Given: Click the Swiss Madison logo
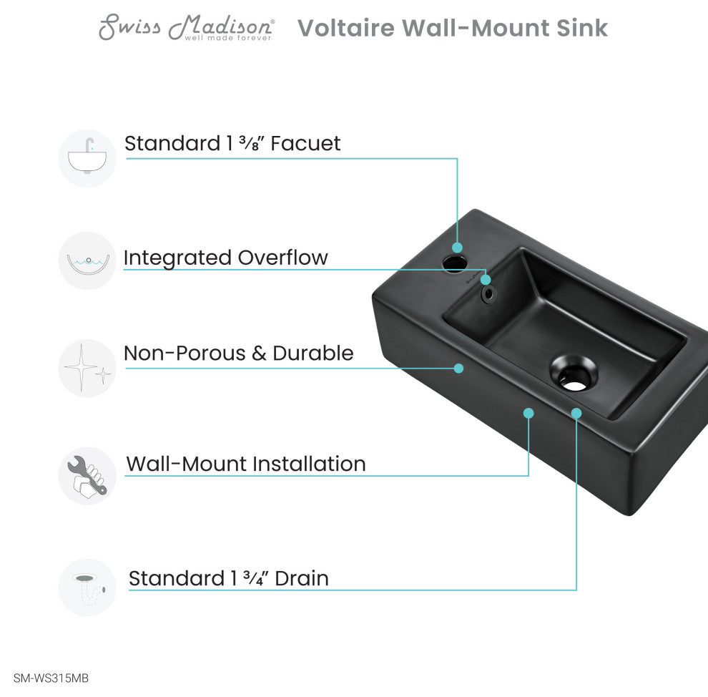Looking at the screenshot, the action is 186,28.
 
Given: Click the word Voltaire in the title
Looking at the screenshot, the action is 346,28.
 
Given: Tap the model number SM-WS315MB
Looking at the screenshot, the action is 51,678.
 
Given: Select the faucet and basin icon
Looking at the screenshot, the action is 87,158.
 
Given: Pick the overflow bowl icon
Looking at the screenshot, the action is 87,260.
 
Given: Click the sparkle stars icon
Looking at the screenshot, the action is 87,368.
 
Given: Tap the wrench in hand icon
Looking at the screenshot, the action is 87,476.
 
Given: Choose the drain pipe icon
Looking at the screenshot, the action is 87,588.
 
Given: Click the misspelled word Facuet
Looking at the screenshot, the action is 305,144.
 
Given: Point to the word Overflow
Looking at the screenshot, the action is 282,258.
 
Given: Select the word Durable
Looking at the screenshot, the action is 313,354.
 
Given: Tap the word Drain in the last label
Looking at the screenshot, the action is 302,579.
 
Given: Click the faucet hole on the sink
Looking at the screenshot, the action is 454,264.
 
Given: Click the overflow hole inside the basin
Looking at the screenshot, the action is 488,293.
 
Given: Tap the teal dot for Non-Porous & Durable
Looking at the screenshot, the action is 458,368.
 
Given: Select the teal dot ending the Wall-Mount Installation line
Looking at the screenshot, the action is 528,413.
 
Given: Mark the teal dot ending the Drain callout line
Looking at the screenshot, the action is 576,413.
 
